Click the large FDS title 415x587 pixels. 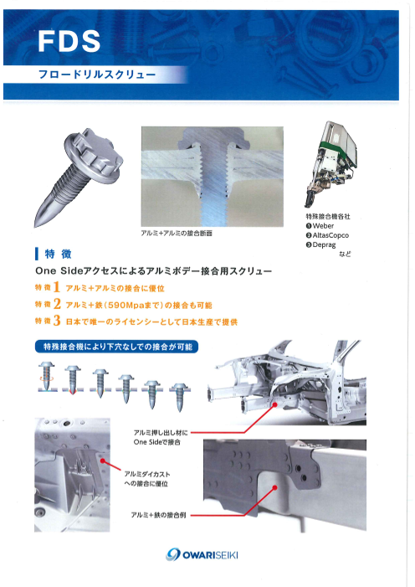click(x=69, y=41)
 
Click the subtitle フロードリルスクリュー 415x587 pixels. click(x=97, y=75)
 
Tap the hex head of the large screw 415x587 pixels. click(x=94, y=155)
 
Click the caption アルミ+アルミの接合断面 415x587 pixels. click(x=177, y=234)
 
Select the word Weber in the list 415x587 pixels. click(x=323, y=226)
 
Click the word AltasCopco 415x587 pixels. click(x=330, y=235)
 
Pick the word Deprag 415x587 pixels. click(x=324, y=245)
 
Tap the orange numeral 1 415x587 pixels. click(x=57, y=287)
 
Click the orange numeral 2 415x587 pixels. click(x=57, y=304)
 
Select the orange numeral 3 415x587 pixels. click(x=57, y=321)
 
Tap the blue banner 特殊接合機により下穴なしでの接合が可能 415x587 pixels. click(x=117, y=347)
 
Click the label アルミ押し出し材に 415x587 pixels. click(x=161, y=433)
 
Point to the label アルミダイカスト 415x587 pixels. click(x=147, y=474)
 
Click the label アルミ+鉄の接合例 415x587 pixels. click(x=158, y=515)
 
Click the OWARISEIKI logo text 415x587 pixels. click(x=210, y=555)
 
